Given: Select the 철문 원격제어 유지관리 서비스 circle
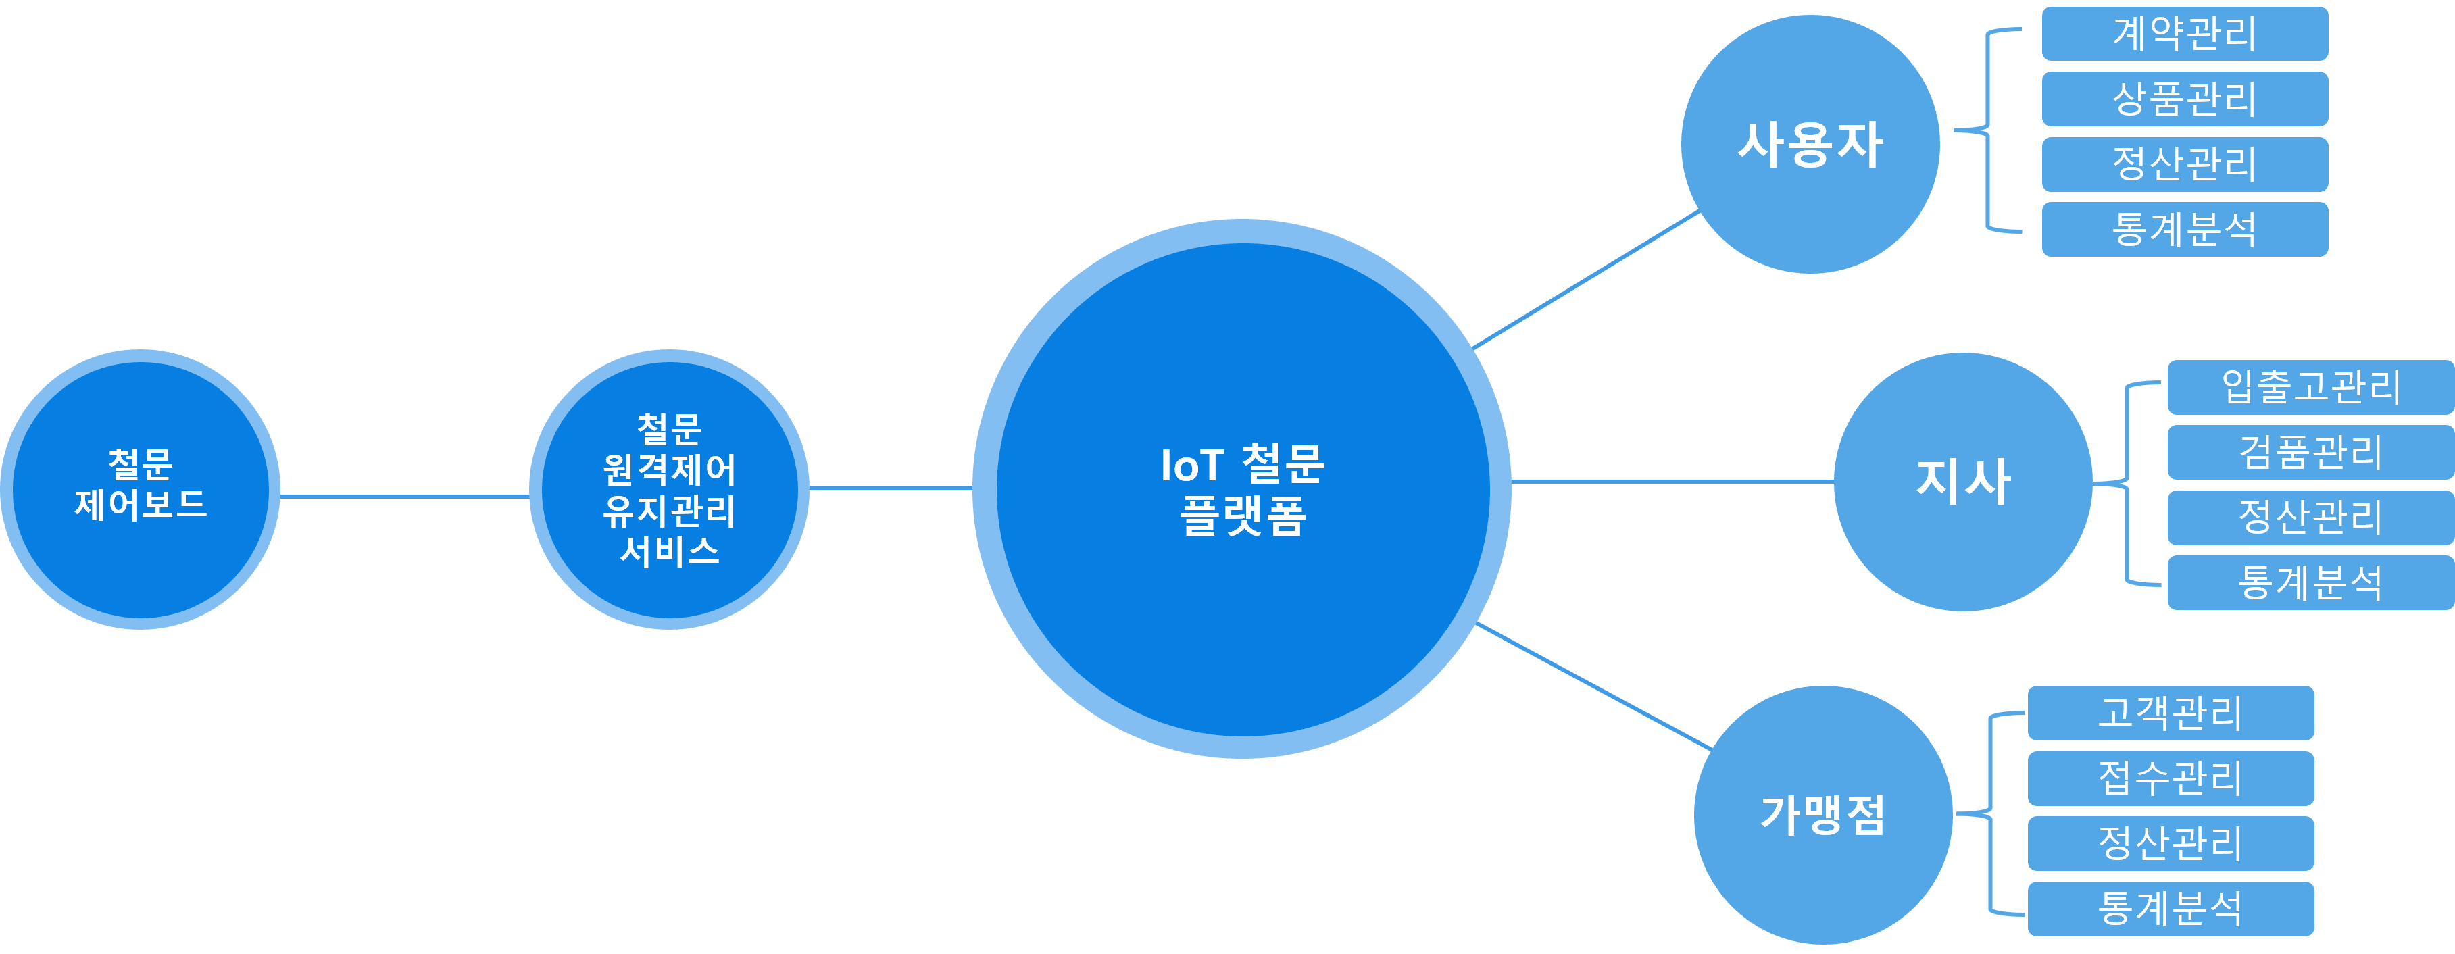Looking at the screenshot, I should click(669, 489).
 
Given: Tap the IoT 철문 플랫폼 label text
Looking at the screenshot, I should click(1242, 490).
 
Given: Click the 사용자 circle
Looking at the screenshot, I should click(1810, 144).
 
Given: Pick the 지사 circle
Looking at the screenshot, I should click(1962, 481).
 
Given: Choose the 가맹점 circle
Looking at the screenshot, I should click(1822, 815).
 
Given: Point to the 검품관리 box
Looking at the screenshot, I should click(2310, 452).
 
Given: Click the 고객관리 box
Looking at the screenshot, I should click(2170, 713).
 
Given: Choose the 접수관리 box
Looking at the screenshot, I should click(2170, 778).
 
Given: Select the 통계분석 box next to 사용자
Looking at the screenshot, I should click(2184, 229).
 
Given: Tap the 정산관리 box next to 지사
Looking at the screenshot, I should click(2310, 518).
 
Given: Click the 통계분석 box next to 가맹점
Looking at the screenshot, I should click(2170, 908).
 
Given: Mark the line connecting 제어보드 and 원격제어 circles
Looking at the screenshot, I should click(405, 496).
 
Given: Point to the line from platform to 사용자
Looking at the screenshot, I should click(1587, 279).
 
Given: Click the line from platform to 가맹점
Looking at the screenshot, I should click(1593, 686).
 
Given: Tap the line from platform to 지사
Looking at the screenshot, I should click(1672, 481).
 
